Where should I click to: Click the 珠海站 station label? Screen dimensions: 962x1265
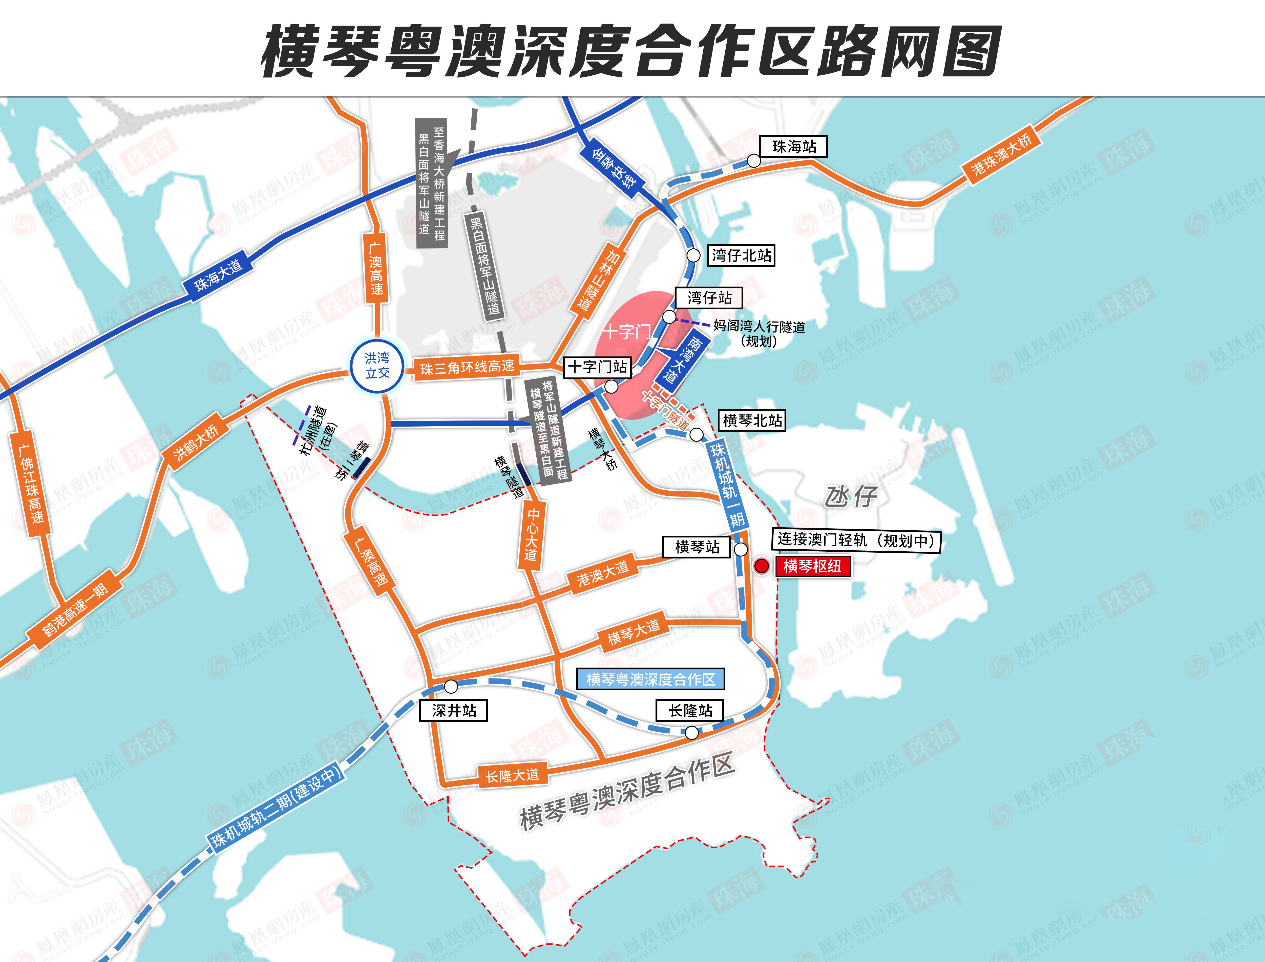(794, 147)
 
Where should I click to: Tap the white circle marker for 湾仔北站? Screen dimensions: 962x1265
(693, 255)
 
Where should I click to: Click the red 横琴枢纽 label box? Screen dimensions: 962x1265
(812, 566)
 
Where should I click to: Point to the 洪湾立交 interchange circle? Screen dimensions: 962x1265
(377, 365)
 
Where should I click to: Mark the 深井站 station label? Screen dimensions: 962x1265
(454, 711)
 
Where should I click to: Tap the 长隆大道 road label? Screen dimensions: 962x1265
(512, 776)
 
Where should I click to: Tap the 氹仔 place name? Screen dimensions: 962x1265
(851, 496)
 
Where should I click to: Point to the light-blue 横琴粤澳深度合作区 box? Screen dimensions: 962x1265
(650, 679)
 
